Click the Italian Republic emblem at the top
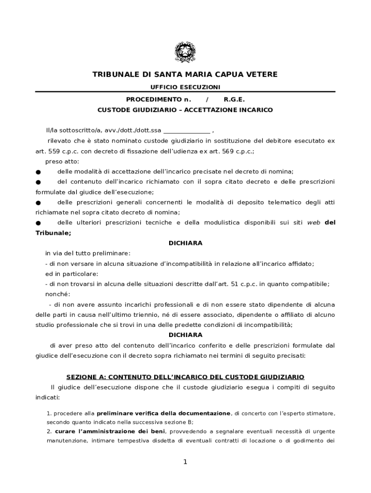click(x=185, y=52)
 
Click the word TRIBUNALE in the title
click(x=115, y=75)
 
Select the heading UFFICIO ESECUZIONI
click(x=185, y=87)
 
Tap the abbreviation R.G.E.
click(x=234, y=100)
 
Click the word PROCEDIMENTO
click(x=152, y=100)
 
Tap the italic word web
click(x=314, y=222)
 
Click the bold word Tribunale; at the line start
click(x=53, y=233)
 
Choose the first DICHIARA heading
click(x=185, y=243)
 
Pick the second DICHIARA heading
click(x=185, y=335)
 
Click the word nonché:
click(x=58, y=294)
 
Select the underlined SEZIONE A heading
click(x=185, y=376)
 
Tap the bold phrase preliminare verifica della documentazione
click(x=163, y=414)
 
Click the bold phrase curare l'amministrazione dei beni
click(x=110, y=431)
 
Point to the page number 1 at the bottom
click(x=185, y=462)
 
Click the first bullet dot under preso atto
click(x=38, y=172)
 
